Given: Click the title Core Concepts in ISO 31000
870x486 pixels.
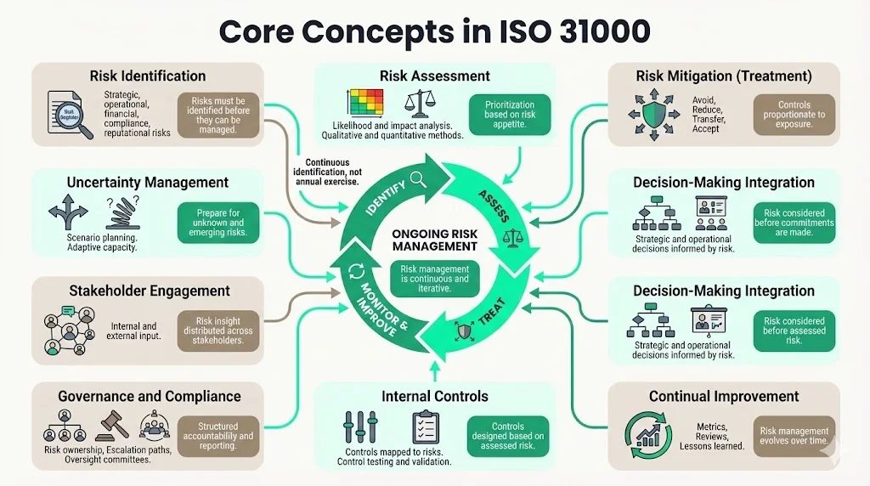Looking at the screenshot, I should [x=434, y=31].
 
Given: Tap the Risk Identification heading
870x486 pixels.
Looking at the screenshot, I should [x=148, y=76].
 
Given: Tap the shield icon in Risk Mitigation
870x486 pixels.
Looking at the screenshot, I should [x=654, y=112].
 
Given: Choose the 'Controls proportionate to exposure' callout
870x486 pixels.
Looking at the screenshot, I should [x=794, y=115].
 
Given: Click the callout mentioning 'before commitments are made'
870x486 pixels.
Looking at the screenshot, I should [x=794, y=223].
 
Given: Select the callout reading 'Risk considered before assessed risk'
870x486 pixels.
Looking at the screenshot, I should [x=794, y=331].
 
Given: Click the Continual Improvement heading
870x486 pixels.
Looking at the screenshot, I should [x=724, y=396].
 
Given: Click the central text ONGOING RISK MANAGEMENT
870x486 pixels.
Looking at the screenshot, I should [x=435, y=240].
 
